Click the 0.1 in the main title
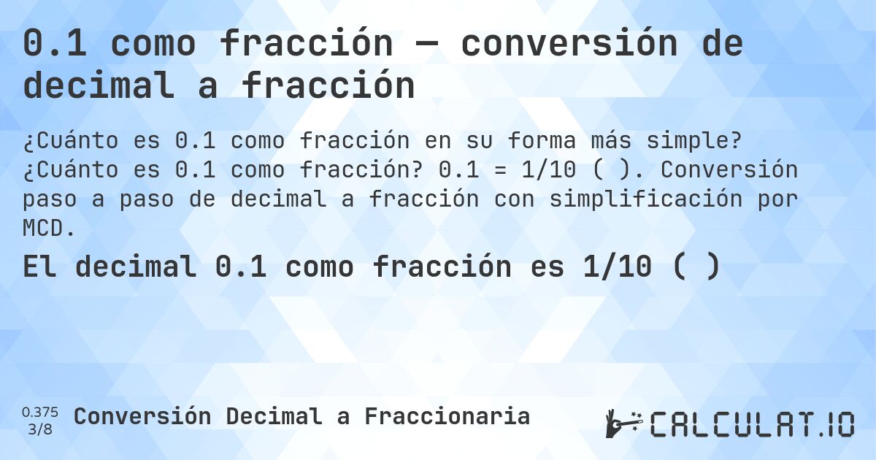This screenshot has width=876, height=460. point(55,45)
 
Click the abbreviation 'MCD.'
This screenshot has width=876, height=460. point(50,229)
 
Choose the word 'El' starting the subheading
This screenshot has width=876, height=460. point(40,268)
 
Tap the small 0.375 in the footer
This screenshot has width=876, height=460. point(40,412)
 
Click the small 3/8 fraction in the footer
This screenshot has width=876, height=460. point(40,429)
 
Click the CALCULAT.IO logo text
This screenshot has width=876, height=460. point(752,424)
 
